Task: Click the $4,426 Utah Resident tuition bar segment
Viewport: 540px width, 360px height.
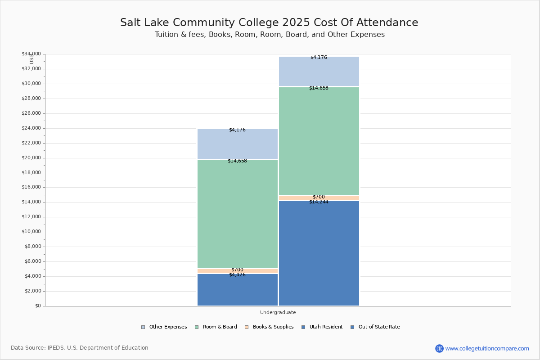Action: pyautogui.click(x=238, y=290)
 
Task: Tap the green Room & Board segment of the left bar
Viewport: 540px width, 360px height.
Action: pyautogui.click(x=238, y=214)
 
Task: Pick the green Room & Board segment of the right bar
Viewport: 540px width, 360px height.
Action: pyautogui.click(x=319, y=141)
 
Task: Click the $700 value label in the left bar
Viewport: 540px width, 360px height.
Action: pyautogui.click(x=237, y=270)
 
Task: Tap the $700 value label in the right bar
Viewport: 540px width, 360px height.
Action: pyautogui.click(x=319, y=197)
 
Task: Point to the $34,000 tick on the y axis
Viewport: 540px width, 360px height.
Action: pyautogui.click(x=31, y=54)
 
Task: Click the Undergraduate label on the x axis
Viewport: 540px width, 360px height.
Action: pyautogui.click(x=278, y=312)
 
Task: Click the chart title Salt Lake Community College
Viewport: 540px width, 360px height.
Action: pyautogui.click(x=269, y=23)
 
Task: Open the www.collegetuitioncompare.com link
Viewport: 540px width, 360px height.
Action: pyautogui.click(x=487, y=348)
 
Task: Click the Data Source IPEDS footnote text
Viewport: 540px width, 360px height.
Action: pyautogui.click(x=80, y=348)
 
